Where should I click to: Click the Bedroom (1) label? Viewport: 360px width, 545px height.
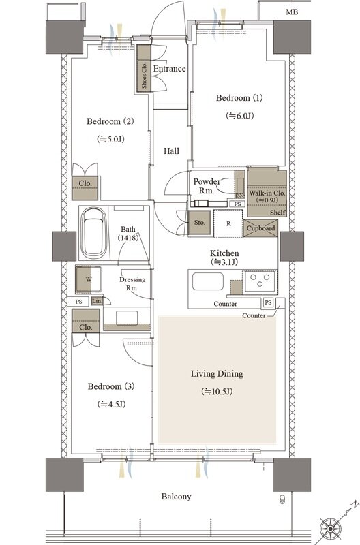(x=239, y=98)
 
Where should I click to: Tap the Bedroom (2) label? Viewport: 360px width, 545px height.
(x=110, y=121)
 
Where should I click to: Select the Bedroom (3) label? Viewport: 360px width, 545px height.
(x=111, y=386)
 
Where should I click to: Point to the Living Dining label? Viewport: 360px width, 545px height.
(x=217, y=374)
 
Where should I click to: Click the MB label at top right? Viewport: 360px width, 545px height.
(x=292, y=12)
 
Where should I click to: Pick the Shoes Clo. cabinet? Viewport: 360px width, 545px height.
(x=144, y=68)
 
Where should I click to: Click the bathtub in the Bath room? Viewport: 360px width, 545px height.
(x=93, y=233)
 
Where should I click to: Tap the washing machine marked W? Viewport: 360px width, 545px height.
(x=89, y=279)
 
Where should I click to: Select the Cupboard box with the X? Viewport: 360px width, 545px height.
(x=260, y=228)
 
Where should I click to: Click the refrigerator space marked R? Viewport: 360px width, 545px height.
(x=228, y=224)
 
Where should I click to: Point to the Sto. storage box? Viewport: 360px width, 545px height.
(x=199, y=223)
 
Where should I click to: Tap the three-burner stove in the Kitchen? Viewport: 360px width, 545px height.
(x=260, y=281)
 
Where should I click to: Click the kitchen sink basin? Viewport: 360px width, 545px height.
(x=208, y=281)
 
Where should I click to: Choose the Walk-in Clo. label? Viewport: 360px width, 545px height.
(x=267, y=193)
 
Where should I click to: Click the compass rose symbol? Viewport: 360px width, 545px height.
(x=330, y=529)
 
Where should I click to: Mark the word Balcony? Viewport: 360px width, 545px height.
(x=176, y=497)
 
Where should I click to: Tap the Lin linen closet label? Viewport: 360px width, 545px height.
(x=96, y=301)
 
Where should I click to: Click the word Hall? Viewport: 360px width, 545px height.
(x=172, y=151)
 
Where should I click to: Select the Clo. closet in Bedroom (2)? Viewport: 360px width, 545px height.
(x=85, y=188)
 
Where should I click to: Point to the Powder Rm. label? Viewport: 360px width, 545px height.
(x=207, y=186)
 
